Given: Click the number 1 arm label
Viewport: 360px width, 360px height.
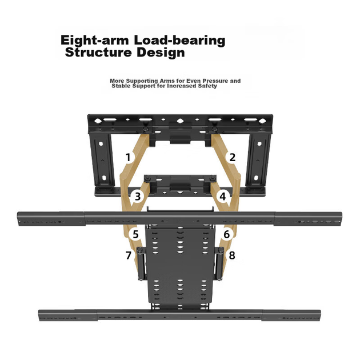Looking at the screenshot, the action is pyautogui.click(x=129, y=158).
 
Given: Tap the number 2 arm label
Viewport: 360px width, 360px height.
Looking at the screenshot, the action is pyautogui.click(x=233, y=158).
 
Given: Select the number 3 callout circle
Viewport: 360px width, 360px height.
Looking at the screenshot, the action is pyautogui.click(x=138, y=197).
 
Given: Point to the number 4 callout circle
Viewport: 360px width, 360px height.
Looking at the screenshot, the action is pyautogui.click(x=223, y=197).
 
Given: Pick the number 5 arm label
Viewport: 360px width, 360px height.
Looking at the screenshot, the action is pyautogui.click(x=135, y=234).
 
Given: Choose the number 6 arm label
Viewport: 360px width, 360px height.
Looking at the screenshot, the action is pyautogui.click(x=227, y=234).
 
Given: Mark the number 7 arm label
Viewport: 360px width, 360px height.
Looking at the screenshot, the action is pyautogui.click(x=129, y=255).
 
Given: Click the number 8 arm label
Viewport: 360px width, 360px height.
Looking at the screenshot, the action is pyautogui.click(x=232, y=255).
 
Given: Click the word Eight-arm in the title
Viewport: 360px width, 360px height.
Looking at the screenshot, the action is pyautogui.click(x=95, y=41).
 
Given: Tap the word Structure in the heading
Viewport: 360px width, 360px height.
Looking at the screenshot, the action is pyautogui.click(x=98, y=53).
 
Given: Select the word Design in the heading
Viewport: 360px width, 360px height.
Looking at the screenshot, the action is pyautogui.click(x=161, y=53).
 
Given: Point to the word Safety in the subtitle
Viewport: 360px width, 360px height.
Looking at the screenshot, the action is pyautogui.click(x=208, y=86).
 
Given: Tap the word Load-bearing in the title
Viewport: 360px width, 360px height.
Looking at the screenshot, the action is pyautogui.click(x=179, y=41).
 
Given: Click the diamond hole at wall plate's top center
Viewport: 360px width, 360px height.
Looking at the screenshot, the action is pyautogui.click(x=180, y=121).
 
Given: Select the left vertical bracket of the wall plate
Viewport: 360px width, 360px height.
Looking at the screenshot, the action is pyautogui.click(x=102, y=160).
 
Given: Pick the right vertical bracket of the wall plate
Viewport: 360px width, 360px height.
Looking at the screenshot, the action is pyautogui.click(x=258, y=160).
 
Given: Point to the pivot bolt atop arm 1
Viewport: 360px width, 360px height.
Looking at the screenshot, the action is pyautogui.click(x=146, y=129).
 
